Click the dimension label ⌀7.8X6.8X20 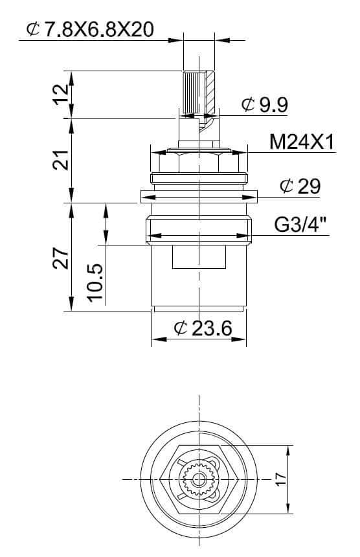(90, 29)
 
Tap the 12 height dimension (62, 94)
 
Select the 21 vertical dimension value (61, 160)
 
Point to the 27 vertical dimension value (61, 258)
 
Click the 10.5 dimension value (95, 283)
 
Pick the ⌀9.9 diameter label (265, 105)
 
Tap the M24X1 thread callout (302, 142)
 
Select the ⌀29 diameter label (300, 186)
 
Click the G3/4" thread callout (300, 225)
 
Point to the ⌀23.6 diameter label (203, 328)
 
